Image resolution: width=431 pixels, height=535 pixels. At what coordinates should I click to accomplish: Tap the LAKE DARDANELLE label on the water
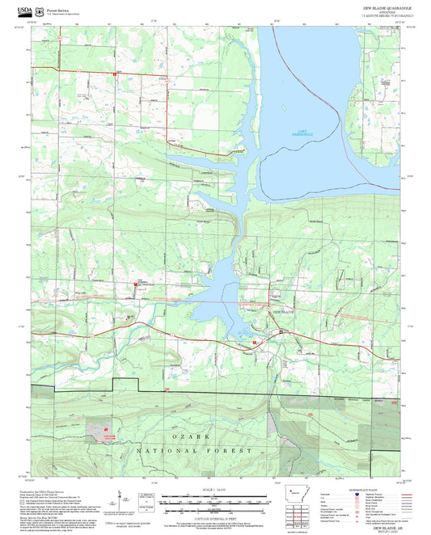coord(300,134)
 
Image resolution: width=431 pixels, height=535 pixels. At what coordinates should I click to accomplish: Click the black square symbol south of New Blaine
coord(280,331)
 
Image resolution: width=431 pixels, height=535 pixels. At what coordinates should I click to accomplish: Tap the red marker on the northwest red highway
coord(114,74)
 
